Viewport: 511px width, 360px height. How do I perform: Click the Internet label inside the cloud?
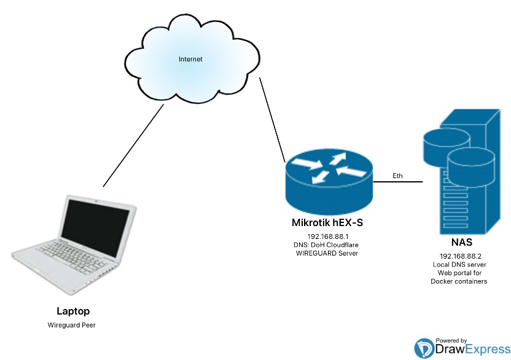pos(190,60)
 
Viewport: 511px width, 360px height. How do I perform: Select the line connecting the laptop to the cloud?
pos(133,145)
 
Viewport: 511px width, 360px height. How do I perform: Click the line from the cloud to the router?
pos(272,119)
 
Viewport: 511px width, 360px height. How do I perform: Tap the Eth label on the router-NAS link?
pos(398,176)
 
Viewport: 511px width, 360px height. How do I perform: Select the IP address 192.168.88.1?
pos(328,236)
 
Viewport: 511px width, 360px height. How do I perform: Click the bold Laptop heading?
pos(73,311)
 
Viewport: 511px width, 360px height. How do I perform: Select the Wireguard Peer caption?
pos(73,324)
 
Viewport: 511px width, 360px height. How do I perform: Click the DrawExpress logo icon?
pos(424,348)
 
